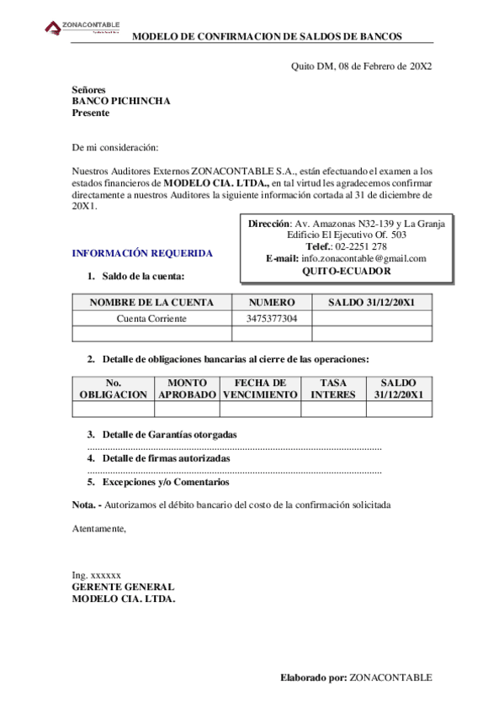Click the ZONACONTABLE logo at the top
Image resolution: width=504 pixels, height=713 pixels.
[x=82, y=29]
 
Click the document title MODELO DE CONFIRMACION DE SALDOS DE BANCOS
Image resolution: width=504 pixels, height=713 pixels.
[x=268, y=36]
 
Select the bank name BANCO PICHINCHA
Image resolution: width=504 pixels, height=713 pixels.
[x=121, y=101]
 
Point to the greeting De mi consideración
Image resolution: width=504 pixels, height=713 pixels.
[x=115, y=147]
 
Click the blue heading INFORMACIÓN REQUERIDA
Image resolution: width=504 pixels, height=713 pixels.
[x=142, y=253]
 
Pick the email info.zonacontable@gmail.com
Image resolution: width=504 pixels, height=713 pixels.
[x=363, y=259]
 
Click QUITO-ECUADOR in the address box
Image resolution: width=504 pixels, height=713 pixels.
[x=346, y=272]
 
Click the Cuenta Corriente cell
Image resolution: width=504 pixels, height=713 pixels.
[x=151, y=319]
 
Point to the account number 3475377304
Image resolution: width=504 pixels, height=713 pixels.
[x=272, y=319]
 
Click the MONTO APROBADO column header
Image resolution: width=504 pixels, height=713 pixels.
[x=187, y=388]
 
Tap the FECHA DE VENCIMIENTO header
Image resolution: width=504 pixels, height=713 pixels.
[x=260, y=388]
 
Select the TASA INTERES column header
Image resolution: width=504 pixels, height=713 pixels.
[x=333, y=388]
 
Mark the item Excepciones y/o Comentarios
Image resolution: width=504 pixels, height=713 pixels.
[x=165, y=483]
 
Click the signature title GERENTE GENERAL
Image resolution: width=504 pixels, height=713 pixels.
[x=123, y=587]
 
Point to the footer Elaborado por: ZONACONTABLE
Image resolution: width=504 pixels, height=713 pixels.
[x=356, y=677]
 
